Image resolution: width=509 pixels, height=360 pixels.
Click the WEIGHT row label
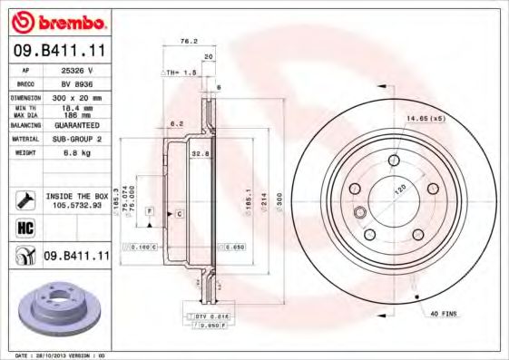[x=24, y=153]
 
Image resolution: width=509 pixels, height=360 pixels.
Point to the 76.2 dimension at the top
[x=188, y=41]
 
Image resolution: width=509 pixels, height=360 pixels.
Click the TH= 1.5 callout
[x=180, y=72]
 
